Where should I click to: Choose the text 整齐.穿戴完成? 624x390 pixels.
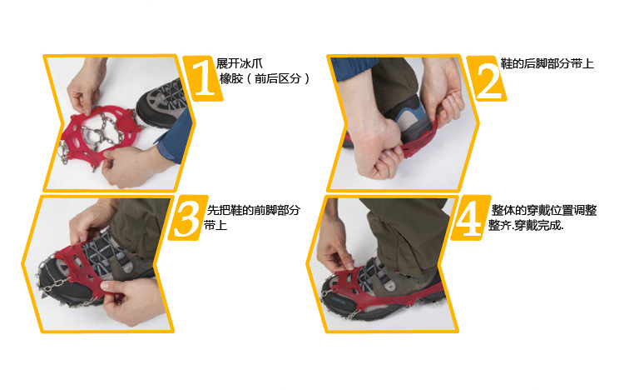tap(526, 226)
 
